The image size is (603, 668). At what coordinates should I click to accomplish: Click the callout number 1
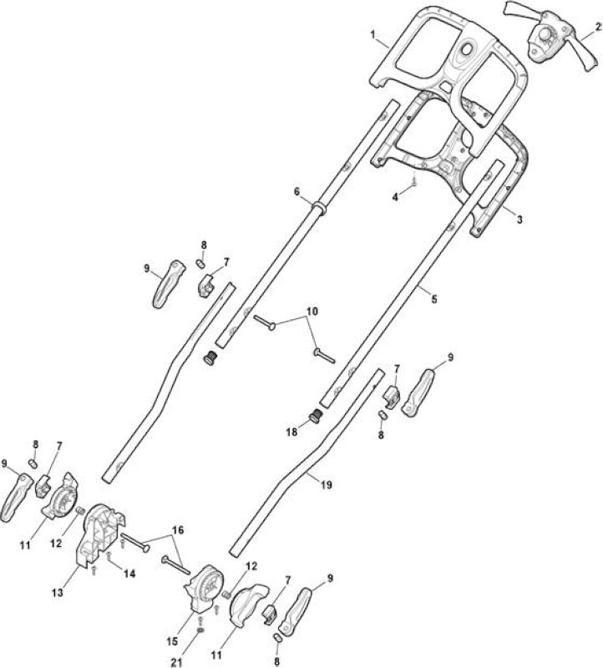tap(372, 34)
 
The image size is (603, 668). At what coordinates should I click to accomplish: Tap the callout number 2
tap(598, 27)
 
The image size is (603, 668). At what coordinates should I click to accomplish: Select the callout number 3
tap(519, 220)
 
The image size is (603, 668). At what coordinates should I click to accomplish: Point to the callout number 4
tap(396, 197)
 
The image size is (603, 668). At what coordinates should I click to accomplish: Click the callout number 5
tap(433, 300)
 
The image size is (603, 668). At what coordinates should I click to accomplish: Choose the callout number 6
tap(296, 192)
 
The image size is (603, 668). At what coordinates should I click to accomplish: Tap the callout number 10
tap(312, 311)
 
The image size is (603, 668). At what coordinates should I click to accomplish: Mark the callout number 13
tap(58, 592)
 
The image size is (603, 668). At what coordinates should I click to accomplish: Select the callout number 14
tap(129, 574)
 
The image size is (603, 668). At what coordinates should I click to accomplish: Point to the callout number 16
tap(178, 530)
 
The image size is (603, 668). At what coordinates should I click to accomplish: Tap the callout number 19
tap(326, 485)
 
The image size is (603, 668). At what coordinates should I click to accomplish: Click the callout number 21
tap(176, 662)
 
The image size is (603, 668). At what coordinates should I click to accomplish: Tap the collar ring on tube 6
tap(319, 208)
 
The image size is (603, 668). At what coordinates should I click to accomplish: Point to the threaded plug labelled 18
tap(316, 416)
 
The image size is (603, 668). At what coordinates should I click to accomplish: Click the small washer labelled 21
tap(201, 630)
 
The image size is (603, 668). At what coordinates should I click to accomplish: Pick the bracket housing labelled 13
tap(101, 534)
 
